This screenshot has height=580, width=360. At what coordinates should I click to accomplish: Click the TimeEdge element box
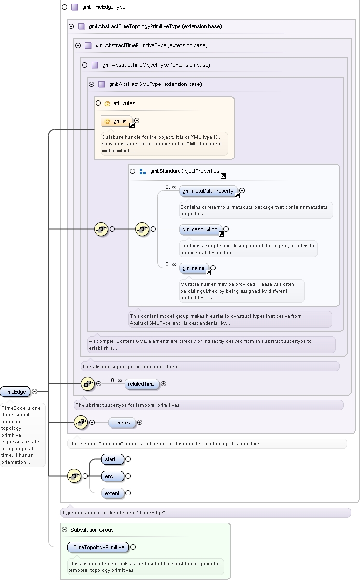[x=15, y=392]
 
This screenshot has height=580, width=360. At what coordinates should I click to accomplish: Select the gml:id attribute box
[x=117, y=121]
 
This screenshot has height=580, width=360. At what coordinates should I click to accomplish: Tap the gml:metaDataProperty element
[x=208, y=191]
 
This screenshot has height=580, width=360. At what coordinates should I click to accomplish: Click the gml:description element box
[x=200, y=229]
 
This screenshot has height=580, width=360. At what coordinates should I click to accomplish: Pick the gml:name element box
[x=194, y=268]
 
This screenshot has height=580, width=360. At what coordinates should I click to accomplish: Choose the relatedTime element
[x=141, y=384]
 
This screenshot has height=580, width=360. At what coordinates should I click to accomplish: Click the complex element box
[x=122, y=423]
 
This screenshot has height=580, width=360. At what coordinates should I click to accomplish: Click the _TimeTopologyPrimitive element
[x=98, y=547]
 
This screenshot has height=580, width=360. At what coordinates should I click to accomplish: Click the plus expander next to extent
[x=128, y=493]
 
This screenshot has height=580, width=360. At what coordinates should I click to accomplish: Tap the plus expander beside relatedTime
[x=163, y=384]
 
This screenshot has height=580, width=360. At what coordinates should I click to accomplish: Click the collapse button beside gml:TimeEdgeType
[x=65, y=7]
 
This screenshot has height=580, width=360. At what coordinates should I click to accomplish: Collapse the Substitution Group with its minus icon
[x=65, y=530]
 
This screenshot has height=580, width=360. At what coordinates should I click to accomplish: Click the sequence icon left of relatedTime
[x=87, y=384]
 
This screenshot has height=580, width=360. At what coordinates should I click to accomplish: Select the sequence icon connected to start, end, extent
[x=74, y=476]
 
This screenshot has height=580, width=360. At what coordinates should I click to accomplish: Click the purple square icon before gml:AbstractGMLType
[x=102, y=84]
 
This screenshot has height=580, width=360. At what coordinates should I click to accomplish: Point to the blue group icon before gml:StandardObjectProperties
[x=143, y=171]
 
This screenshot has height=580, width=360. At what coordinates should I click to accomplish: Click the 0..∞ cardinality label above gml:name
[x=171, y=264]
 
